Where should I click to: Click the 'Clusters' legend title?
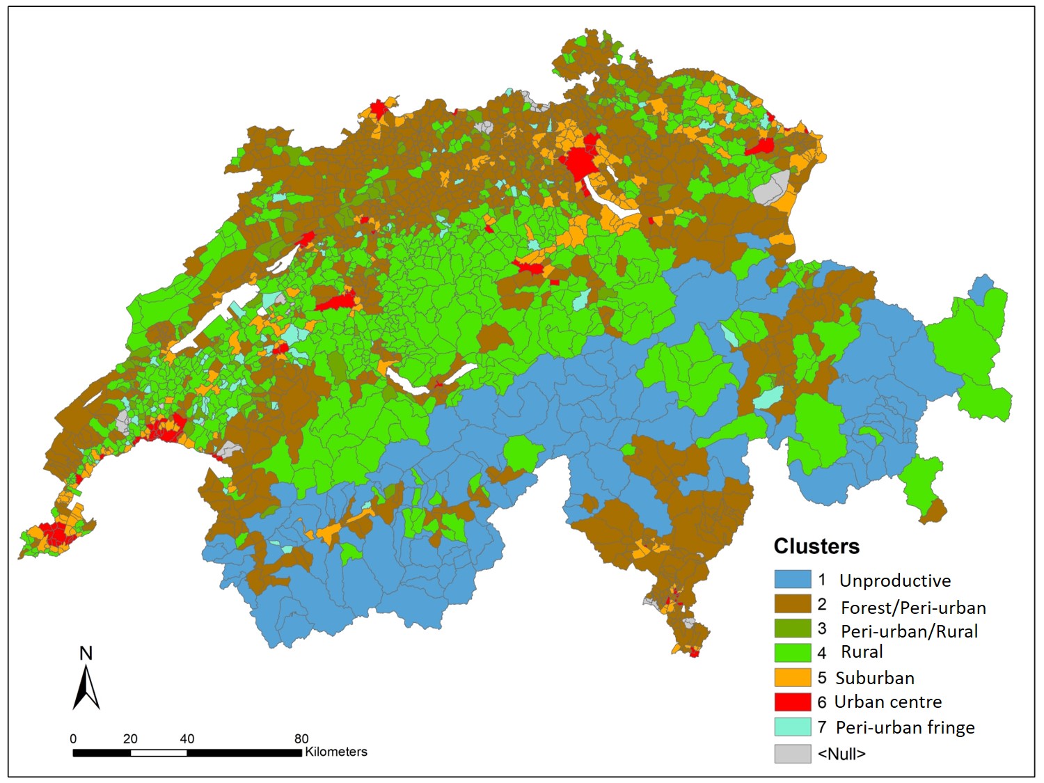(816, 546)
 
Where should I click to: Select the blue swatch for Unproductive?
(793, 579)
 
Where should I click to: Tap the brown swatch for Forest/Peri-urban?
(793, 603)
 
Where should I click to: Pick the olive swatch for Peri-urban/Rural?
(793, 628)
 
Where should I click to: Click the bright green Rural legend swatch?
(793, 653)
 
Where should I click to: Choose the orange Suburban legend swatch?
(793, 677)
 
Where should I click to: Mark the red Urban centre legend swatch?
(793, 702)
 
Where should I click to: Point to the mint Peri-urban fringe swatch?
(793, 727)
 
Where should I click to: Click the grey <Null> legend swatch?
(793, 753)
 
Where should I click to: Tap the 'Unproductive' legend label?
(894, 580)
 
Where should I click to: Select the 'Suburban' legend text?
(875, 678)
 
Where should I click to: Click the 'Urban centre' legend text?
(888, 702)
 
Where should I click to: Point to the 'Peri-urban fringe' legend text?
(905, 727)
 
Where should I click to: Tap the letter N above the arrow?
(86, 653)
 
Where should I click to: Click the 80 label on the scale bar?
(301, 738)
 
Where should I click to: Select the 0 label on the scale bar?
(73, 738)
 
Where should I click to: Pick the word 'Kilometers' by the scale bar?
(336, 752)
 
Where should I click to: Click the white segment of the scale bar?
(159, 752)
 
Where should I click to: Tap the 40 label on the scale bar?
(187, 738)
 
